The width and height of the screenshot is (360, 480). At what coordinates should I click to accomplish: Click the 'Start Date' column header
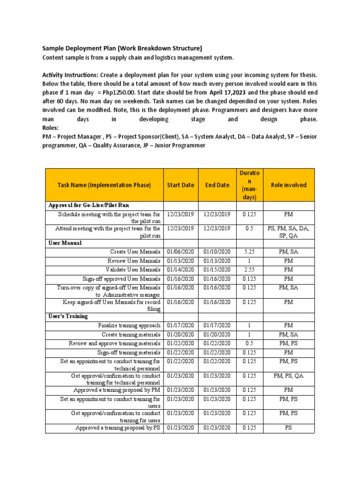180,185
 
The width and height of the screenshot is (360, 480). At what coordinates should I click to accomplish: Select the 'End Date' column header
217,185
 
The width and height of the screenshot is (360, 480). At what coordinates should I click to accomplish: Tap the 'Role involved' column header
289,185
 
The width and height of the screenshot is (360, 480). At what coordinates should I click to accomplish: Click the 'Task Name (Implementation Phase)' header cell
104,185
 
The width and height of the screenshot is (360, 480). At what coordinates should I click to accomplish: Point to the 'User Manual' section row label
65,243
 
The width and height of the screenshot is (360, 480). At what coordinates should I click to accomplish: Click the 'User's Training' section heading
68,316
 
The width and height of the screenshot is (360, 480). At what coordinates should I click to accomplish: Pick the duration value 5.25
249,252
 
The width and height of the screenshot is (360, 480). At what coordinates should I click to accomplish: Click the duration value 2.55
249,270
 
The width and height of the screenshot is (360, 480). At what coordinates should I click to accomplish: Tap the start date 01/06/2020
180,252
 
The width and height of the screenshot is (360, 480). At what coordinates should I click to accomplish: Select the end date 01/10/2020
217,252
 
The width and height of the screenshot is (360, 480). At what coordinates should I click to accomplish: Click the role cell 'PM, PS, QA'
289,376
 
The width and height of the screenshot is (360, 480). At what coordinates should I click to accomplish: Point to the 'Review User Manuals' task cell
134,261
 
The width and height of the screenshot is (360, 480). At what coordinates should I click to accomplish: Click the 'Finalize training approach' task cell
129,325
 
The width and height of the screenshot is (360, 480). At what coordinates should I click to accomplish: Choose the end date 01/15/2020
217,270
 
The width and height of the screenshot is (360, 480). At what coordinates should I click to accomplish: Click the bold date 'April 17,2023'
229,92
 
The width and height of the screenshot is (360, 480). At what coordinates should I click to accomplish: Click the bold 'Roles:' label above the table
52,128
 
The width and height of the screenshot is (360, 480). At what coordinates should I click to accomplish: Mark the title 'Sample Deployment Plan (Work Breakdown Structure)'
122,48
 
